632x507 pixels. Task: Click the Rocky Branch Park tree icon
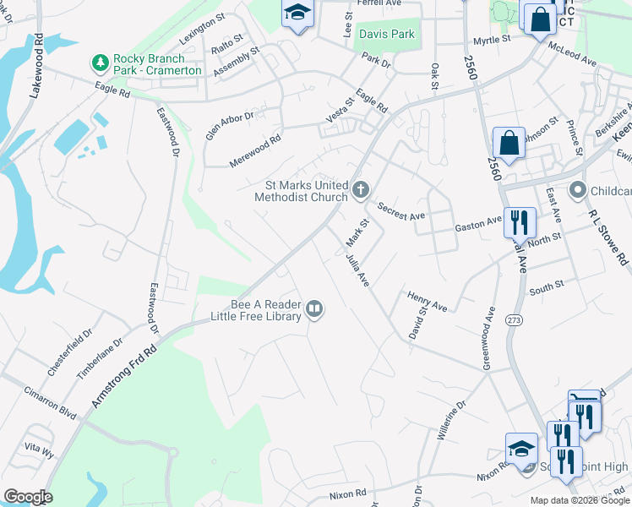[x=100, y=62]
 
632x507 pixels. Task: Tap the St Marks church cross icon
[x=361, y=190]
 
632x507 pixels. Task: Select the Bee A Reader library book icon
[x=314, y=309]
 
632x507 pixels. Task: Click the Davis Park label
[x=386, y=35]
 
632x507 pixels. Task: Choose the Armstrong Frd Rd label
[x=124, y=368]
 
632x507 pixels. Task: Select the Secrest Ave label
[x=401, y=211]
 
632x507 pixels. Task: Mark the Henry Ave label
[x=427, y=302]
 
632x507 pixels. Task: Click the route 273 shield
[x=514, y=320]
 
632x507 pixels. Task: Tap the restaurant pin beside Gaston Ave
[x=520, y=222]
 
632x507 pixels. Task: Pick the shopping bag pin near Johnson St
[x=510, y=143]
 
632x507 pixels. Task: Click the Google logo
[x=28, y=497]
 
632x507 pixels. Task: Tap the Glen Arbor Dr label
[x=229, y=126]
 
